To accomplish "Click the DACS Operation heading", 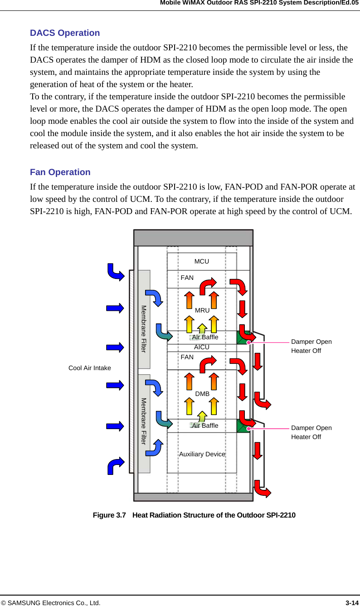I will (x=65, y=33).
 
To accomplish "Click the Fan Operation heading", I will (x=60, y=172).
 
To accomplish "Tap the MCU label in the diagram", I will (x=202, y=262).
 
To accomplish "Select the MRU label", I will (x=202, y=311).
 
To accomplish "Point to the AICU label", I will (x=202, y=347).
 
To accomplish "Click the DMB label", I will (x=202, y=394).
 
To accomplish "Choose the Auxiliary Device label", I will (x=202, y=454).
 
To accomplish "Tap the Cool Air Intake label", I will (x=90, y=368).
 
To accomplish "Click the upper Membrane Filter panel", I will (x=144, y=318).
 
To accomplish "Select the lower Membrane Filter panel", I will (x=144, y=422).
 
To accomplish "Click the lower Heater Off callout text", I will (x=306, y=437).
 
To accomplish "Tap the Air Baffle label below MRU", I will (x=205, y=337).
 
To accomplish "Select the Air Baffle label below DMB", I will (x=205, y=425).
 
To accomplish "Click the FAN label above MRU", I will (x=187, y=278).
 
